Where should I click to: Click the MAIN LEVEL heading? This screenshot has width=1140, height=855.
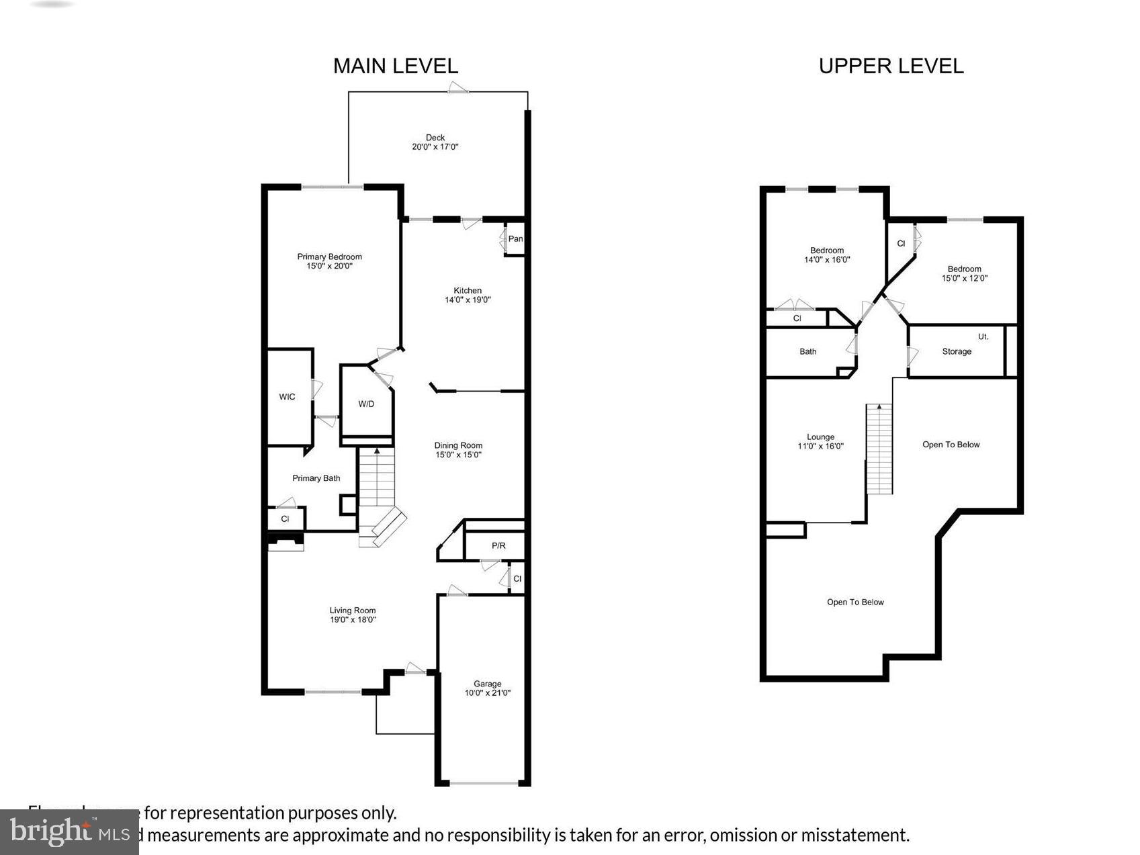[x=396, y=66]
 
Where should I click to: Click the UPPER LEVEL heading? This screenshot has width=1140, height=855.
[x=891, y=66]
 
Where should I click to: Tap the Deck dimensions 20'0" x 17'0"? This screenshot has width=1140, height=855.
[x=435, y=146]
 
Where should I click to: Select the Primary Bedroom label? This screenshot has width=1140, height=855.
[x=329, y=257]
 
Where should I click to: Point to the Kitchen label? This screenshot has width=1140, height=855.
[x=468, y=290]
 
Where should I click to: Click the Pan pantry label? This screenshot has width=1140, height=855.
[x=515, y=238]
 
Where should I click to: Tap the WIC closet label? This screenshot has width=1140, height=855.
[x=287, y=397]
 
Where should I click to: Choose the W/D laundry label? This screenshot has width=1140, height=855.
[x=366, y=404]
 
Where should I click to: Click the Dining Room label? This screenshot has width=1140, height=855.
[x=458, y=445]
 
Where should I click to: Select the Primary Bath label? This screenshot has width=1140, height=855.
[x=316, y=478]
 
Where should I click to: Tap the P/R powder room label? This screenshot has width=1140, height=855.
[x=498, y=545]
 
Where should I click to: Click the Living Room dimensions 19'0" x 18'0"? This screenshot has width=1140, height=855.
[x=353, y=620]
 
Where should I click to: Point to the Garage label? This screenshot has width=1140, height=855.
[x=488, y=684]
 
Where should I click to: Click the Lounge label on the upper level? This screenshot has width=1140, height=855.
[x=820, y=437]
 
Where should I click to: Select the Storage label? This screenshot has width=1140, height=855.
[x=957, y=351]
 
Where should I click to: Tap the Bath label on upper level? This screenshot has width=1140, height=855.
[x=808, y=351]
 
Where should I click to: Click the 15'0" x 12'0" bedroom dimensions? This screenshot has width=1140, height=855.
[x=965, y=278]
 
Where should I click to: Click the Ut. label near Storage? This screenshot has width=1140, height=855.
[x=983, y=336]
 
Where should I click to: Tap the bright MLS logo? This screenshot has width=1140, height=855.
[x=69, y=832]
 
